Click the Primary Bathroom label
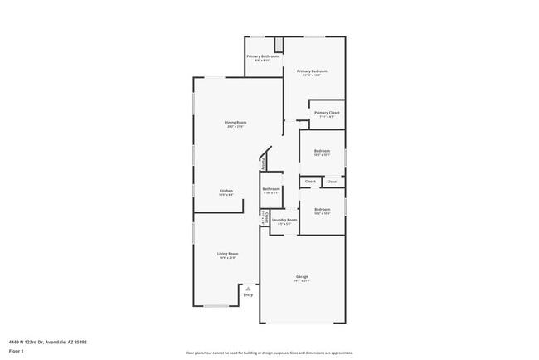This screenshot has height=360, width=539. (x=262, y=56)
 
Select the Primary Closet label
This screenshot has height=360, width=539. (x=327, y=112)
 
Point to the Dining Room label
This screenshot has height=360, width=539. (x=236, y=122)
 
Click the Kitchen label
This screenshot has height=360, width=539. (x=226, y=190)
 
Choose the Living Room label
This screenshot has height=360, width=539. (x=228, y=253)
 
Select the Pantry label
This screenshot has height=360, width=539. (x=264, y=163)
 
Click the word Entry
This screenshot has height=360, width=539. (x=247, y=294)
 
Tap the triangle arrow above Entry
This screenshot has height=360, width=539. (x=247, y=288)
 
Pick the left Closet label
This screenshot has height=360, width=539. (x=310, y=181)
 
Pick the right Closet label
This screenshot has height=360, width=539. (x=332, y=181)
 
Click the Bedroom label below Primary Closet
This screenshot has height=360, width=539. (x=323, y=150)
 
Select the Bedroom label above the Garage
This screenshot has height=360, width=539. (x=323, y=209)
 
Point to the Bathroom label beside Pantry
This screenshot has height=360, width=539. (x=271, y=188)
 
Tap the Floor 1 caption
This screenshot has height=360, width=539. (x=16, y=351)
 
